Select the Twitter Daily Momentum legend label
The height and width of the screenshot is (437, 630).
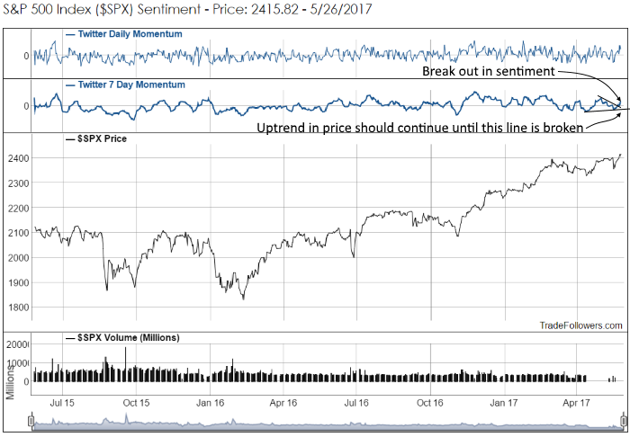(x=123, y=34)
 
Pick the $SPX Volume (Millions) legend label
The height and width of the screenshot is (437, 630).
(x=123, y=337)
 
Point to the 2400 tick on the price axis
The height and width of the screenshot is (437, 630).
(x=19, y=158)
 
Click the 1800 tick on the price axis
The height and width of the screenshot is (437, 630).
(x=19, y=307)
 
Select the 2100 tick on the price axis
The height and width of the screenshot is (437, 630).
(x=19, y=233)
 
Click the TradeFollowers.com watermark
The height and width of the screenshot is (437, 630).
(x=580, y=326)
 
